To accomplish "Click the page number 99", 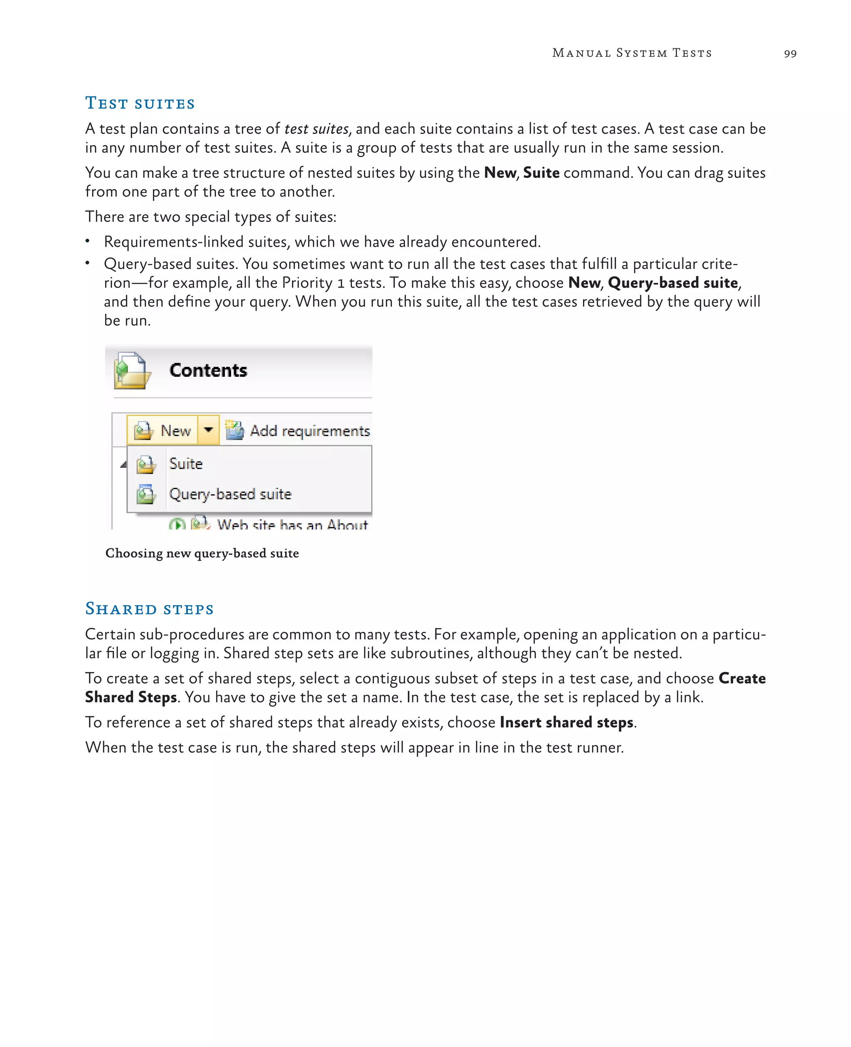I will pos(790,54).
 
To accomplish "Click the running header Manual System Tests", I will pos(632,53).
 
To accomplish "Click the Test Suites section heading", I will pos(140,103).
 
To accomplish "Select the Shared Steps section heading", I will pos(150,609).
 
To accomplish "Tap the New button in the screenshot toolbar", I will pos(163,430).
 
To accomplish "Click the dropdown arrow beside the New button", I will pos(208,430).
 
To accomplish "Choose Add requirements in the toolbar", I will pos(298,430).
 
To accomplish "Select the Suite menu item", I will pos(186,463).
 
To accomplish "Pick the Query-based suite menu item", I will pos(230,494).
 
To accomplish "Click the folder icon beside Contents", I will pos(131,371).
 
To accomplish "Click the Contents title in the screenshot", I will pos(208,370).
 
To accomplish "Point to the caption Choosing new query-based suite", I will pos(202,553).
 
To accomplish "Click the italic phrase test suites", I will pos(316,129).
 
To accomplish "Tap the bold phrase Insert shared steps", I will pos(566,723).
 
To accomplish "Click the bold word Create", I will pos(742,678).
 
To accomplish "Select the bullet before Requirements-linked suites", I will pos(87,241).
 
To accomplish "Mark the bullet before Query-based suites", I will pos(87,263).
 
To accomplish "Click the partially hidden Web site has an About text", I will pos(292,524).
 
